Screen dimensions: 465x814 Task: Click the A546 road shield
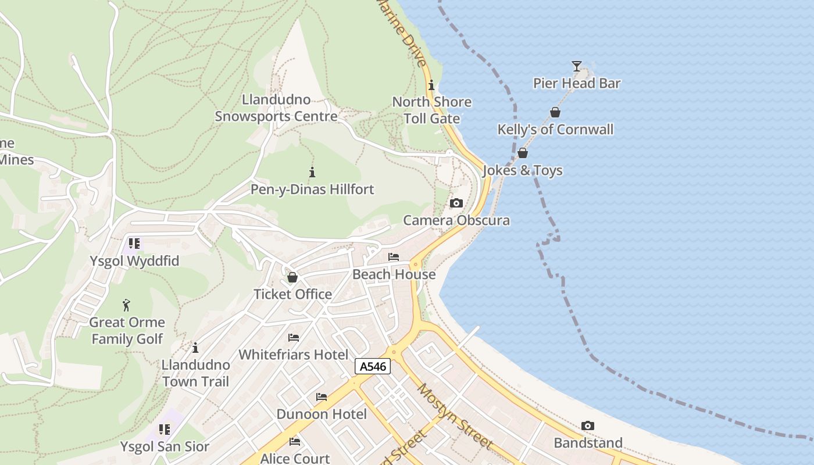tap(373, 366)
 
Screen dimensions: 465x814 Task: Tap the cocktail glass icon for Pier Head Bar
tap(576, 66)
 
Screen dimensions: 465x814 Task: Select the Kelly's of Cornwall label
tap(555, 129)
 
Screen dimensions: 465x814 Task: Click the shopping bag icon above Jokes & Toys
tap(523, 153)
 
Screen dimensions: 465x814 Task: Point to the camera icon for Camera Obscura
tap(456, 203)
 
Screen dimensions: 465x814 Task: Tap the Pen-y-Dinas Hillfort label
tap(312, 189)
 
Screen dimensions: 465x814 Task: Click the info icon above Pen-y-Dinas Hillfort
tap(312, 172)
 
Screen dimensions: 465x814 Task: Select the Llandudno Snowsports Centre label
tap(276, 108)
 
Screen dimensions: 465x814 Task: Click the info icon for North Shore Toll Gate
tap(431, 84)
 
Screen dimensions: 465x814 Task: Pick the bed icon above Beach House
tap(394, 257)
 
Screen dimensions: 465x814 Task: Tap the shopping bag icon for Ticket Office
tap(292, 277)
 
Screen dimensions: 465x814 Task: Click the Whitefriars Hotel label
tap(294, 355)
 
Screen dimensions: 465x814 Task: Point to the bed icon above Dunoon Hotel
tap(322, 397)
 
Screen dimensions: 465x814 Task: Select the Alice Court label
tap(295, 458)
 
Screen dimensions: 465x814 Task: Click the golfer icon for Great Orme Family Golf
tap(126, 305)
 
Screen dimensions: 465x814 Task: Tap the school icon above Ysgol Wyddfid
tap(134, 244)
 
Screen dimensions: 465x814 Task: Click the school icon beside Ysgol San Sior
tap(165, 430)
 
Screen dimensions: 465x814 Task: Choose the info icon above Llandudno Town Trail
tap(195, 348)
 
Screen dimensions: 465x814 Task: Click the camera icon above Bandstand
tap(588, 425)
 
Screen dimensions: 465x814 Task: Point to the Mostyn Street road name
tap(455, 416)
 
